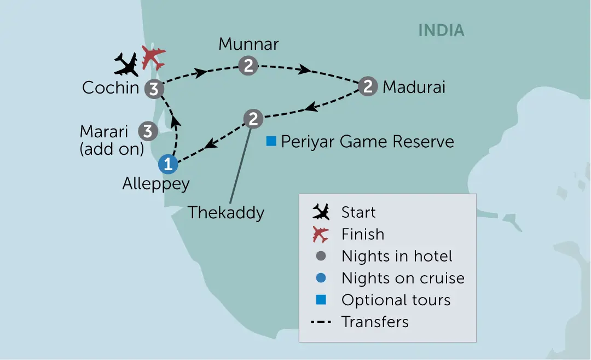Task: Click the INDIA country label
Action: (442, 31)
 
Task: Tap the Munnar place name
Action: (249, 44)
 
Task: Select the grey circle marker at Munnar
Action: (248, 66)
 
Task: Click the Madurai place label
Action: (414, 87)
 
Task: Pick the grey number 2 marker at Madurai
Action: (368, 86)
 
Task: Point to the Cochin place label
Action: (111, 88)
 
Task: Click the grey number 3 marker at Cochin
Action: (154, 89)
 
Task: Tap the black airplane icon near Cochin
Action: (126, 65)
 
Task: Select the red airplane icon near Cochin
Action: (153, 57)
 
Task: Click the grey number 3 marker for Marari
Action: (148, 131)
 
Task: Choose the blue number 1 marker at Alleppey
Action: (168, 164)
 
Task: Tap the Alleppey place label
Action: (156, 184)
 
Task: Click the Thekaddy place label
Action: (226, 213)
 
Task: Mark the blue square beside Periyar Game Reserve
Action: (271, 141)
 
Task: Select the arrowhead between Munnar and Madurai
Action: (305, 69)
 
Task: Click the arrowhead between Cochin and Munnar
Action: (200, 72)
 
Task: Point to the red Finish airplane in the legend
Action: (321, 235)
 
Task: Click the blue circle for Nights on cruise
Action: (321, 278)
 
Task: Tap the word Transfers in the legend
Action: (375, 322)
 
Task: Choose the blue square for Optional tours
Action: (321, 300)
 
